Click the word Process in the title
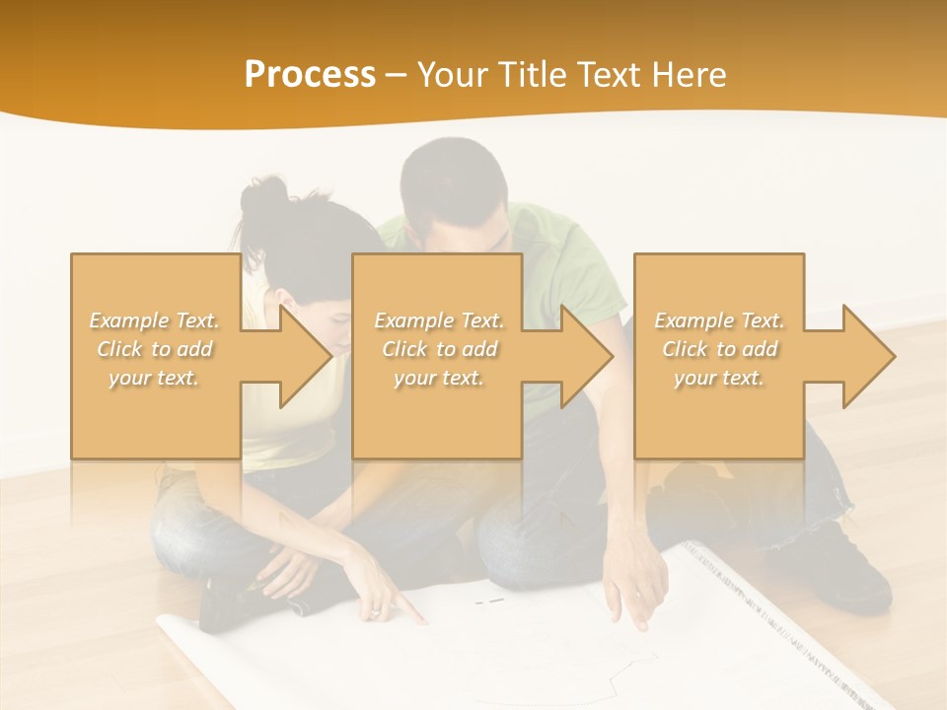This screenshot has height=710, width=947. (x=310, y=75)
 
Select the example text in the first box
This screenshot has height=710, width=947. (x=155, y=349)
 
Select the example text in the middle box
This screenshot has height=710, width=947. (x=439, y=349)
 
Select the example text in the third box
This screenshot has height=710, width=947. (x=719, y=349)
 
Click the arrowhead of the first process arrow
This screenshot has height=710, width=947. (x=305, y=356)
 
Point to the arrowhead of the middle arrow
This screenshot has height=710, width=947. (x=586, y=356)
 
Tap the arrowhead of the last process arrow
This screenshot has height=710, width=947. (x=868, y=356)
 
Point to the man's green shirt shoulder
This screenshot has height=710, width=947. (x=562, y=237)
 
